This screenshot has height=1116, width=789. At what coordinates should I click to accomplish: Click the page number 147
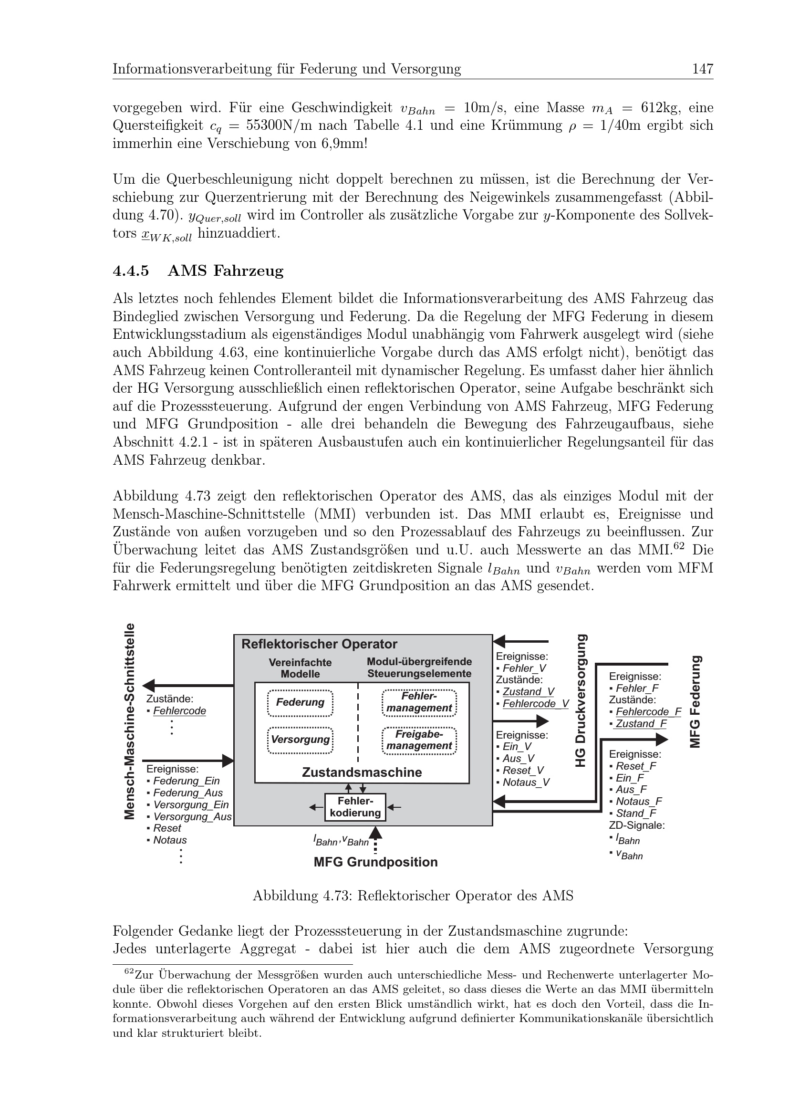[703, 69]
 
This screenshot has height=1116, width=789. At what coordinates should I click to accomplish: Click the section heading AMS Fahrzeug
[225, 271]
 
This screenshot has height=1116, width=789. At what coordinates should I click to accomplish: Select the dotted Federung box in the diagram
[300, 703]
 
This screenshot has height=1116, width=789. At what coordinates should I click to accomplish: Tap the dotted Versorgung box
[300, 740]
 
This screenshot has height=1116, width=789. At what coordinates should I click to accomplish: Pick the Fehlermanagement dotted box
[419, 703]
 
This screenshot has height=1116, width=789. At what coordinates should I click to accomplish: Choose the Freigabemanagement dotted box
[419, 741]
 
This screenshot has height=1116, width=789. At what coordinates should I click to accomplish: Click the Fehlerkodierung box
[355, 807]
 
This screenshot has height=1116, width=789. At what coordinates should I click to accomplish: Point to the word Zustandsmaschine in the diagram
[362, 772]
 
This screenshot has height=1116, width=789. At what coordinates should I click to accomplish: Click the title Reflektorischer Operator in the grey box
[319, 645]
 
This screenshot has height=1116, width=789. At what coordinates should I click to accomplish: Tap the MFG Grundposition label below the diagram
[375, 863]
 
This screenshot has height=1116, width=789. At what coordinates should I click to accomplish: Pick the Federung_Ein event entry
[186, 781]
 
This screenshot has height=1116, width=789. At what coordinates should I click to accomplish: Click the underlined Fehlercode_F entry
[648, 712]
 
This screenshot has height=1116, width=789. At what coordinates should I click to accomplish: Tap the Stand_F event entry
[636, 813]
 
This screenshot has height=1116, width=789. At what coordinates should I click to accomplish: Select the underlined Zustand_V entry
[528, 692]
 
